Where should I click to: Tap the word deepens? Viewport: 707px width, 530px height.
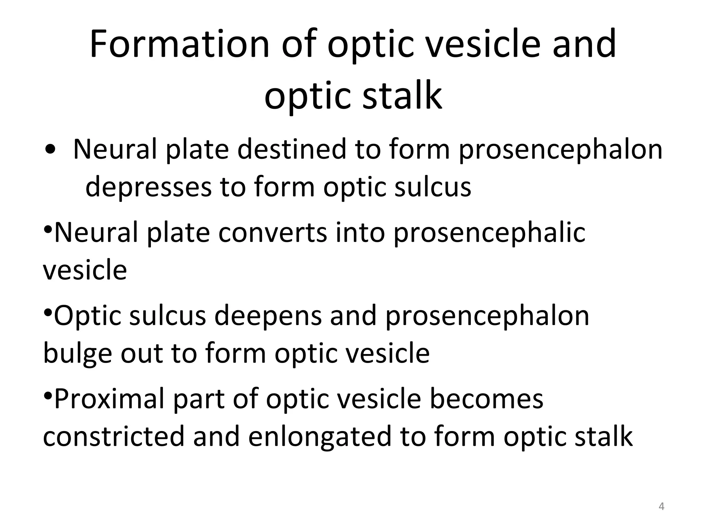[268, 316]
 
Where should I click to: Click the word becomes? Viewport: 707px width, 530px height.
[486, 399]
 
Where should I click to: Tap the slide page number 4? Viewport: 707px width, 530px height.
[661, 507]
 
